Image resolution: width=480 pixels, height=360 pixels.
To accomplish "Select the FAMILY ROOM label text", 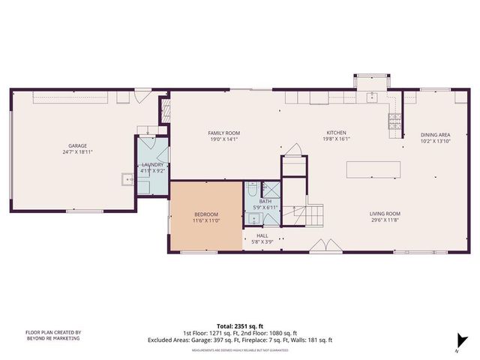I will (x=223, y=133).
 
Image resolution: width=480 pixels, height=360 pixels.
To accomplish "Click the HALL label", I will (x=262, y=235).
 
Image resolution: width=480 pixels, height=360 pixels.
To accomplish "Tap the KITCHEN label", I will (x=336, y=133).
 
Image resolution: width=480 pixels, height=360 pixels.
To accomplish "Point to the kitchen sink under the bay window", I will (x=371, y=97).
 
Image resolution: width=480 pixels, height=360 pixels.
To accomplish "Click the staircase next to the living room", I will (x=313, y=216).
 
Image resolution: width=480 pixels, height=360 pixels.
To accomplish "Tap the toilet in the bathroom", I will (x=253, y=187).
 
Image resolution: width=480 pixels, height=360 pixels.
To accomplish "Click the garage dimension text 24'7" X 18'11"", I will (x=74, y=151).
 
